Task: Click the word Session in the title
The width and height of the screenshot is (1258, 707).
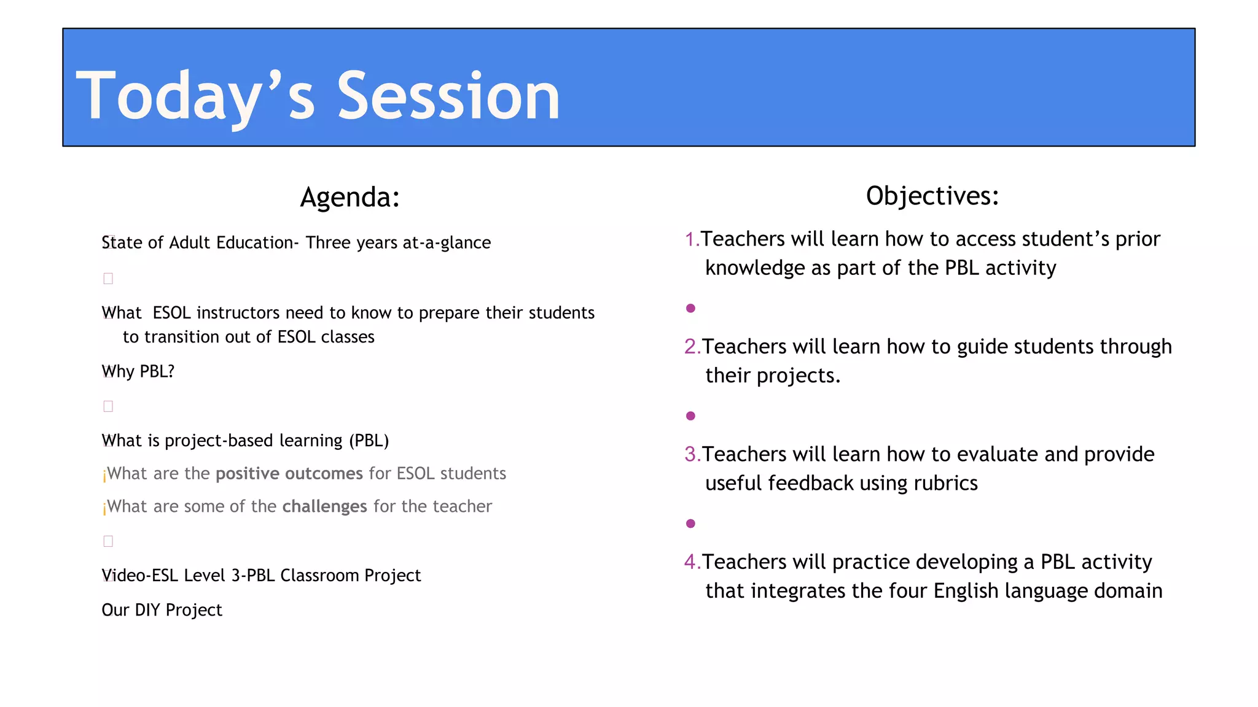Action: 448,96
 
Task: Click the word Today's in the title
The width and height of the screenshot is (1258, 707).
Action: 195,96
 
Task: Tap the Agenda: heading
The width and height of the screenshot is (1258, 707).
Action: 350,198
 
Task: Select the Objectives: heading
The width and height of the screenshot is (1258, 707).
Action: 932,196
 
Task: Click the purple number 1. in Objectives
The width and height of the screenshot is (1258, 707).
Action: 692,239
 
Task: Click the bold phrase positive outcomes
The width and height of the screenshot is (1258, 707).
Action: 289,474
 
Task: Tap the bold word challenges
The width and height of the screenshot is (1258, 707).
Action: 324,507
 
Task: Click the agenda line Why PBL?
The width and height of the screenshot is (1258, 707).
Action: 138,372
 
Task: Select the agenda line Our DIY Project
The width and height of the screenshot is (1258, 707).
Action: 162,610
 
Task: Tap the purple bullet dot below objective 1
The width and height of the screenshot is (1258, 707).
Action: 690,308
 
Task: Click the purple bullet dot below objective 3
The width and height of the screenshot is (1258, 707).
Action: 690,523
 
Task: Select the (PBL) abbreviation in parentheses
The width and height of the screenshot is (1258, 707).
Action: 369,441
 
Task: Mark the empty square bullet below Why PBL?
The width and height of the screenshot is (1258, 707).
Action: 108,406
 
